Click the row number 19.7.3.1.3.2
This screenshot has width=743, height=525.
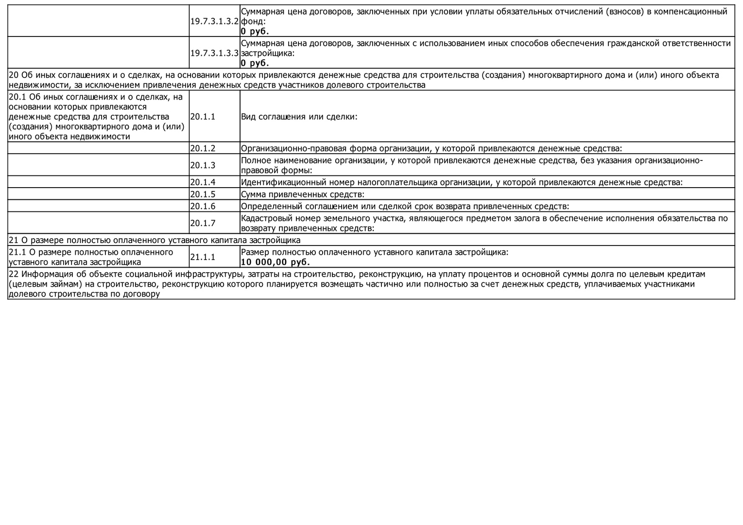pyautogui.click(x=214, y=21)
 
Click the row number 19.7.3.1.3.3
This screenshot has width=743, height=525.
pyautogui.click(x=214, y=53)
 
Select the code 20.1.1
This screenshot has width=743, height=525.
pyautogui.click(x=203, y=117)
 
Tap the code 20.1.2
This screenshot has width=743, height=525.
pyautogui.click(x=203, y=148)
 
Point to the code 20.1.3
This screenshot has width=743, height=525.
pyautogui.click(x=203, y=165)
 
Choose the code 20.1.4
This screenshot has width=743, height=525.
pyautogui.click(x=203, y=182)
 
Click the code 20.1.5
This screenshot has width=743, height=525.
pyautogui.click(x=203, y=194)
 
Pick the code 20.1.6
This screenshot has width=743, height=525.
pyautogui.click(x=203, y=206)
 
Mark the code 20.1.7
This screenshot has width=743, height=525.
pyautogui.click(x=203, y=223)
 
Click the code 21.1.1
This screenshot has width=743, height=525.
pyautogui.click(x=203, y=257)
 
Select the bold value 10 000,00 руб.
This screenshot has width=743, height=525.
pyautogui.click(x=275, y=262)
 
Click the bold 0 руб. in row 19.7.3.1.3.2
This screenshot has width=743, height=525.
pyautogui.click(x=255, y=31)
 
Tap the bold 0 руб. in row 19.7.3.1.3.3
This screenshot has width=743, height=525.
pyautogui.click(x=255, y=63)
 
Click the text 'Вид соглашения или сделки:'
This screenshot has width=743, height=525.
pyautogui.click(x=299, y=117)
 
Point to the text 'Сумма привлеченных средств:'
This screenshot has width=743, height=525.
pyautogui.click(x=303, y=194)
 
